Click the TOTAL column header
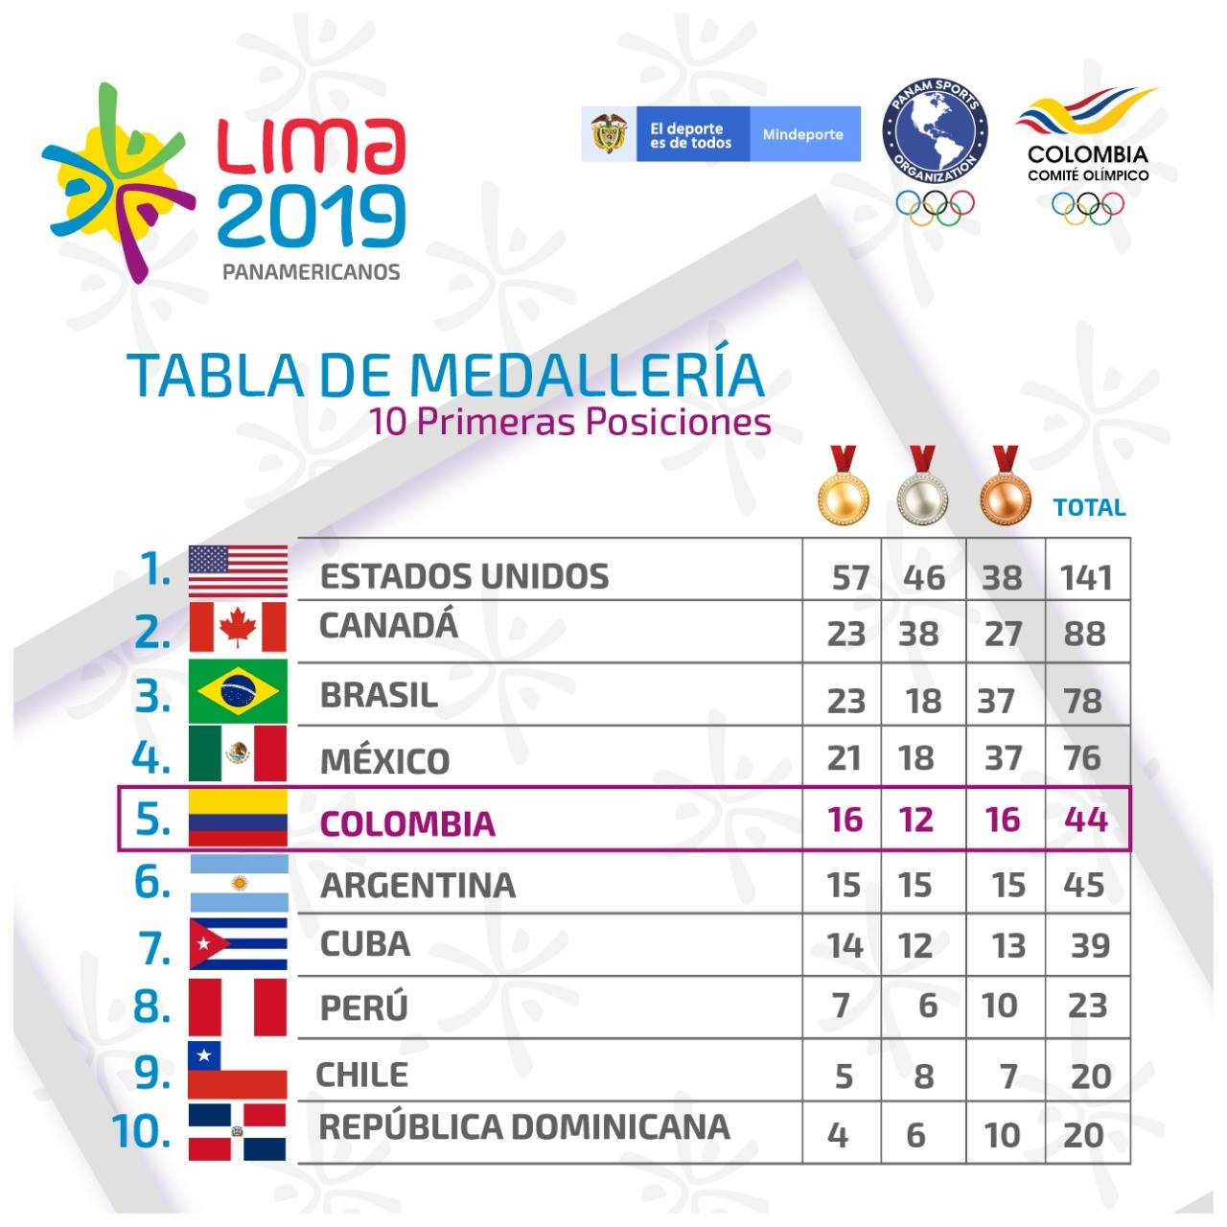(x=1089, y=507)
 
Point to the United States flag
(x=238, y=570)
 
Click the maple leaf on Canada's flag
(x=238, y=627)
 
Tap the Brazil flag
(x=238, y=691)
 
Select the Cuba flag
(x=238, y=943)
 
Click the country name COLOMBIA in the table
(x=407, y=823)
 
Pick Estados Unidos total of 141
(x=1086, y=577)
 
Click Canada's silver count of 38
(x=919, y=634)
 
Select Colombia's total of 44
(x=1086, y=819)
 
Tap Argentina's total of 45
(x=1084, y=885)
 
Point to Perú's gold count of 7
(x=841, y=1007)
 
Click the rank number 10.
(x=141, y=1131)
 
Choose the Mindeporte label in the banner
(x=803, y=134)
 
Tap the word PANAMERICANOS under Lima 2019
(x=312, y=272)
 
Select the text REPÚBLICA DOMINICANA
(x=524, y=1127)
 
